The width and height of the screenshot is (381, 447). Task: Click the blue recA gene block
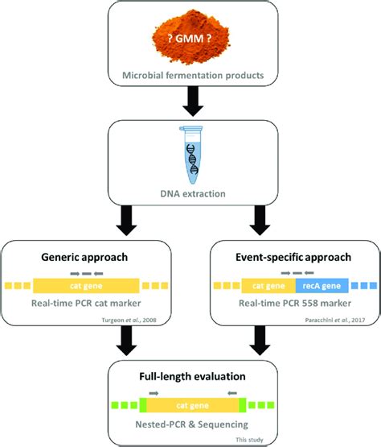pos(322,286)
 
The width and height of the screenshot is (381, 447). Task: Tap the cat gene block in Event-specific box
pos(268,286)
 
